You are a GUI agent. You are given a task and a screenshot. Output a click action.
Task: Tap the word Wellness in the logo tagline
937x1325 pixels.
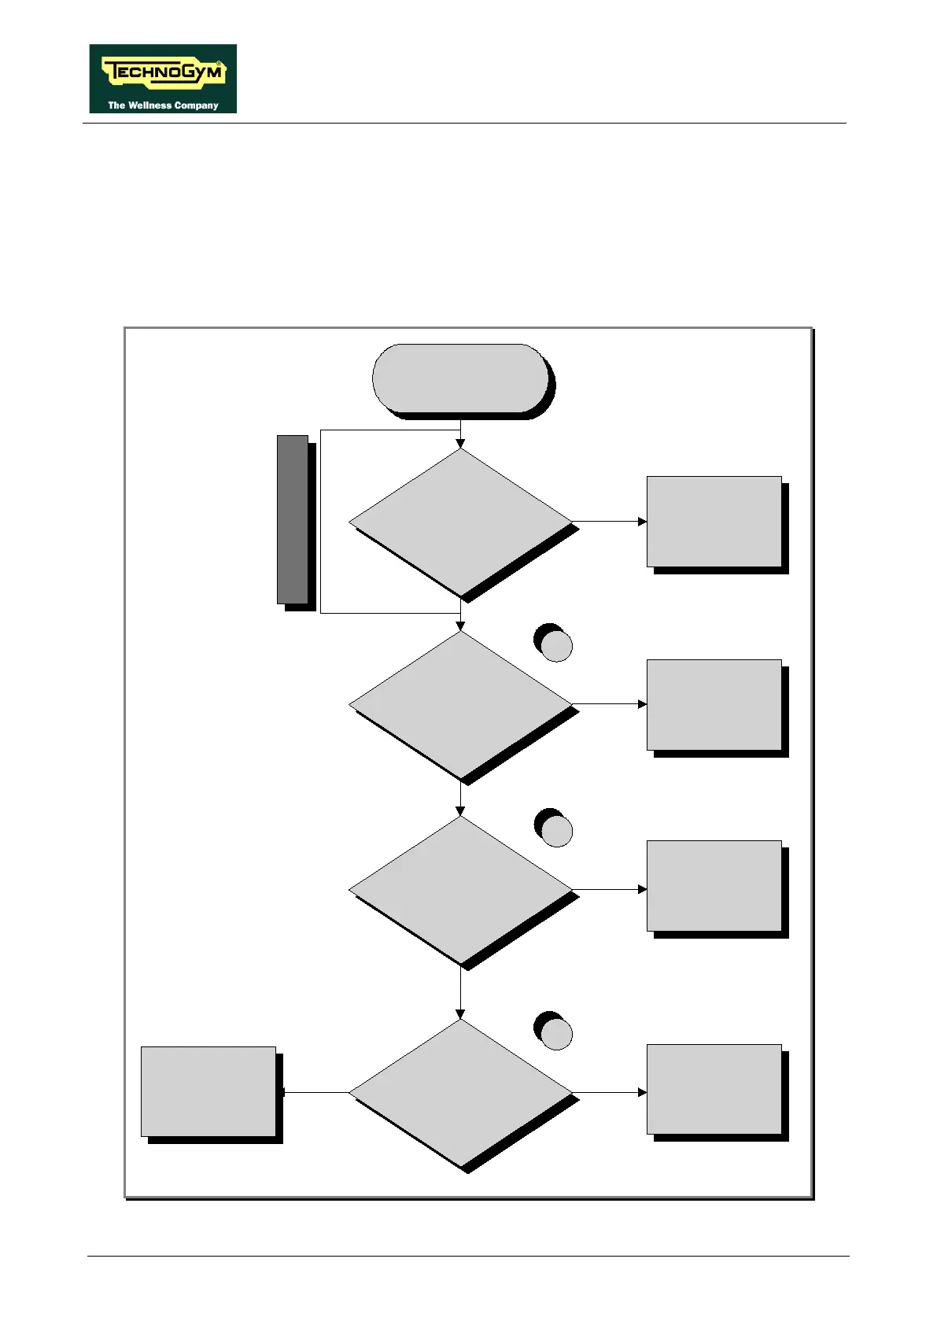(x=151, y=105)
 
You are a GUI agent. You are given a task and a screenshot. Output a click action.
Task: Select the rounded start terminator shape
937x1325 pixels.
(x=460, y=378)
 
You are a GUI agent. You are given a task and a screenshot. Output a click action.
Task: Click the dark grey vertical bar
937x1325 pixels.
(x=292, y=519)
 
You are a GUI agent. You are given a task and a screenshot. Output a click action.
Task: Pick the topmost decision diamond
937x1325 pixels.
(x=460, y=522)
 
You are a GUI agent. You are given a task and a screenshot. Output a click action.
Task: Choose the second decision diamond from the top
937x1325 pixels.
(x=460, y=704)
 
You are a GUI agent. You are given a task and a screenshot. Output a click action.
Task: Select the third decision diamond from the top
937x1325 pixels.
(x=460, y=890)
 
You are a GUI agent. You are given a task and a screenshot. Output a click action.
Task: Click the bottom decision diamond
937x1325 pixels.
(x=460, y=1092)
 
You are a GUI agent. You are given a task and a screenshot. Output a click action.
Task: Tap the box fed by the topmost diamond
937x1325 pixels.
(x=714, y=521)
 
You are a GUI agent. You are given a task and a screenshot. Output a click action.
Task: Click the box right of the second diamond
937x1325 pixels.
(x=714, y=704)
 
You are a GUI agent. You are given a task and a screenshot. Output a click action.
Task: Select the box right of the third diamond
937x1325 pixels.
(x=714, y=885)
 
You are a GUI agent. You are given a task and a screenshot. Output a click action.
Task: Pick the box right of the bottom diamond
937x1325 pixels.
(x=714, y=1089)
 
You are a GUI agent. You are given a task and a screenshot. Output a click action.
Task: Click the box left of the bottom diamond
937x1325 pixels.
(x=208, y=1091)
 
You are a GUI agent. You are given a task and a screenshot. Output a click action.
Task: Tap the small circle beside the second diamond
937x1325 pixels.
(x=556, y=646)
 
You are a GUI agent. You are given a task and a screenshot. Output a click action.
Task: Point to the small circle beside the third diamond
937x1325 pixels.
(x=556, y=831)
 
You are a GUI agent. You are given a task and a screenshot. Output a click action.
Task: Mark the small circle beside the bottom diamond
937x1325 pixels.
(x=556, y=1034)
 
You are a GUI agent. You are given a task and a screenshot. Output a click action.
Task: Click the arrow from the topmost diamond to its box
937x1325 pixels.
(x=609, y=522)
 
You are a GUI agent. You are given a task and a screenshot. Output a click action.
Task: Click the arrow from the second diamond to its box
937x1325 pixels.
(x=609, y=704)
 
